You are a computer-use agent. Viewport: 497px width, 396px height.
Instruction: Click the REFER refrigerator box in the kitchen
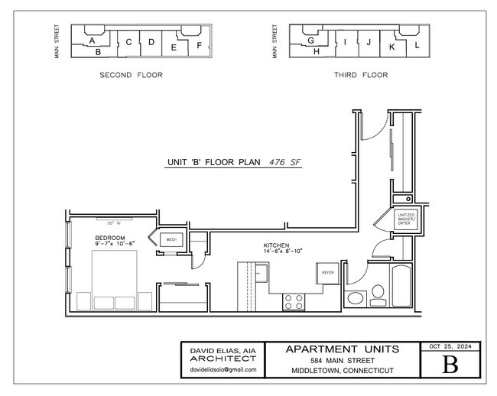click(x=327, y=272)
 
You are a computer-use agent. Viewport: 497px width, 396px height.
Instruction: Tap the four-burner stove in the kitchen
click(x=294, y=301)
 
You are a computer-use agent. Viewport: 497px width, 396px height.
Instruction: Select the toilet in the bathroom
click(x=377, y=294)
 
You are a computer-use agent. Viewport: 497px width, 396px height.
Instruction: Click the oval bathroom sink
click(x=355, y=298)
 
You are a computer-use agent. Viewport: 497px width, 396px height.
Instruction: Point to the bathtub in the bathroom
click(x=401, y=286)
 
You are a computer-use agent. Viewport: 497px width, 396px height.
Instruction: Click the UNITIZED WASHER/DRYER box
click(x=404, y=220)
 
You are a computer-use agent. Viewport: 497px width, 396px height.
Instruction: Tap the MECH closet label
click(x=172, y=240)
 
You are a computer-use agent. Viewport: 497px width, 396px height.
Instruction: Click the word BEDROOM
click(x=109, y=238)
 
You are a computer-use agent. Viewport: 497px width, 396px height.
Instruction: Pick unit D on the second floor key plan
click(x=151, y=42)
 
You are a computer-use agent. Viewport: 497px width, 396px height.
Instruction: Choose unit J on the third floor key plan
click(x=369, y=42)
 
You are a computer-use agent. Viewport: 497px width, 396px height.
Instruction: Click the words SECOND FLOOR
click(x=132, y=75)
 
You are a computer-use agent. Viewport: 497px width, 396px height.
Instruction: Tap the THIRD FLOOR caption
click(x=361, y=75)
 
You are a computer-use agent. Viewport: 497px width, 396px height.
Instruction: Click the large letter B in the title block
click(x=451, y=364)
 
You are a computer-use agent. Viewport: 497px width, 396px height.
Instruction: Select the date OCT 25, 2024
click(x=451, y=346)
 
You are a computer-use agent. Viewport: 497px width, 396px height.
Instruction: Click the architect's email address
click(x=223, y=370)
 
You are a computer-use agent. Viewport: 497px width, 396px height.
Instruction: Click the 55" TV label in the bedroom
click(x=113, y=223)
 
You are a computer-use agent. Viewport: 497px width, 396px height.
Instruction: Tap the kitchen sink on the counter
click(x=261, y=271)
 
